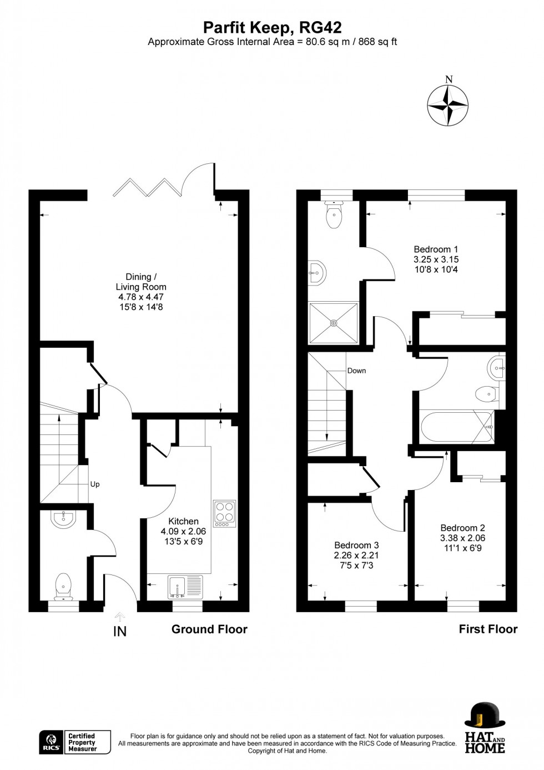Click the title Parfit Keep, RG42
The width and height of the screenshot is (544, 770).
pos(272,27)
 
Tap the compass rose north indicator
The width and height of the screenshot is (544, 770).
pos(448,104)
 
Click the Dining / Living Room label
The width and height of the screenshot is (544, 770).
pos(141,292)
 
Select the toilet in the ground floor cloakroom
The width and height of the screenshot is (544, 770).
pos(64,587)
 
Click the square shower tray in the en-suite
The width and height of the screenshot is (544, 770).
pos(334,323)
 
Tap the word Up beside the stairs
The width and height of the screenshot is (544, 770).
pos(95,484)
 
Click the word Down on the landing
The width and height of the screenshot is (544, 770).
pos(356,371)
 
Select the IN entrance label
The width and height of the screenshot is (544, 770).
pos(120,631)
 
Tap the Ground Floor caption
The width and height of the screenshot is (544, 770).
pos(209,629)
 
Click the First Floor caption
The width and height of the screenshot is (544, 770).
pos(488,629)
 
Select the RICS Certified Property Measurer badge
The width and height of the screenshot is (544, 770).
pos(75,742)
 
